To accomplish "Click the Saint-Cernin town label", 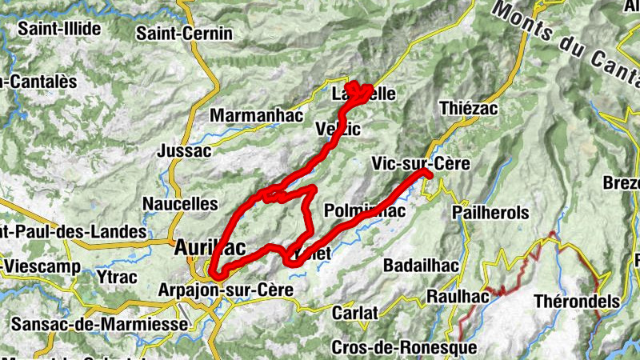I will [x=184, y=34].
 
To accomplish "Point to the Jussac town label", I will [x=185, y=150].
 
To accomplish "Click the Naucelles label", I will [x=180, y=204].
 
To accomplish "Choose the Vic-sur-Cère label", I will [x=420, y=163].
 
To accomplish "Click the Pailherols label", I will [x=490, y=213].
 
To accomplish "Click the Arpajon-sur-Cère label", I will [x=227, y=289].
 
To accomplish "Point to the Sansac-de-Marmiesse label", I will [x=101, y=324].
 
